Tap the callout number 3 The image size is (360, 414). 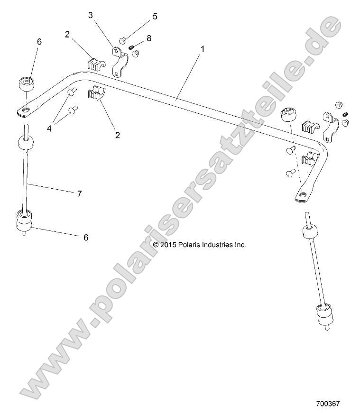point(90,16)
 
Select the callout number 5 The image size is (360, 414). point(155,17)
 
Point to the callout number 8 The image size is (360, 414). point(149,38)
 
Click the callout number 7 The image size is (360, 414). point(79,193)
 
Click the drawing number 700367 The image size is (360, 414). point(328,404)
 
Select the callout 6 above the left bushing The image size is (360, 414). point(39,42)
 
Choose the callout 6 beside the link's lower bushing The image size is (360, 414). point(86,237)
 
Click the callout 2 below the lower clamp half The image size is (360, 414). point(117,135)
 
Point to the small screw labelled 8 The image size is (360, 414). point(134,46)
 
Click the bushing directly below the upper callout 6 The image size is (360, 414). point(26,85)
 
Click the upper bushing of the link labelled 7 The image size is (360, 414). point(27,142)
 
